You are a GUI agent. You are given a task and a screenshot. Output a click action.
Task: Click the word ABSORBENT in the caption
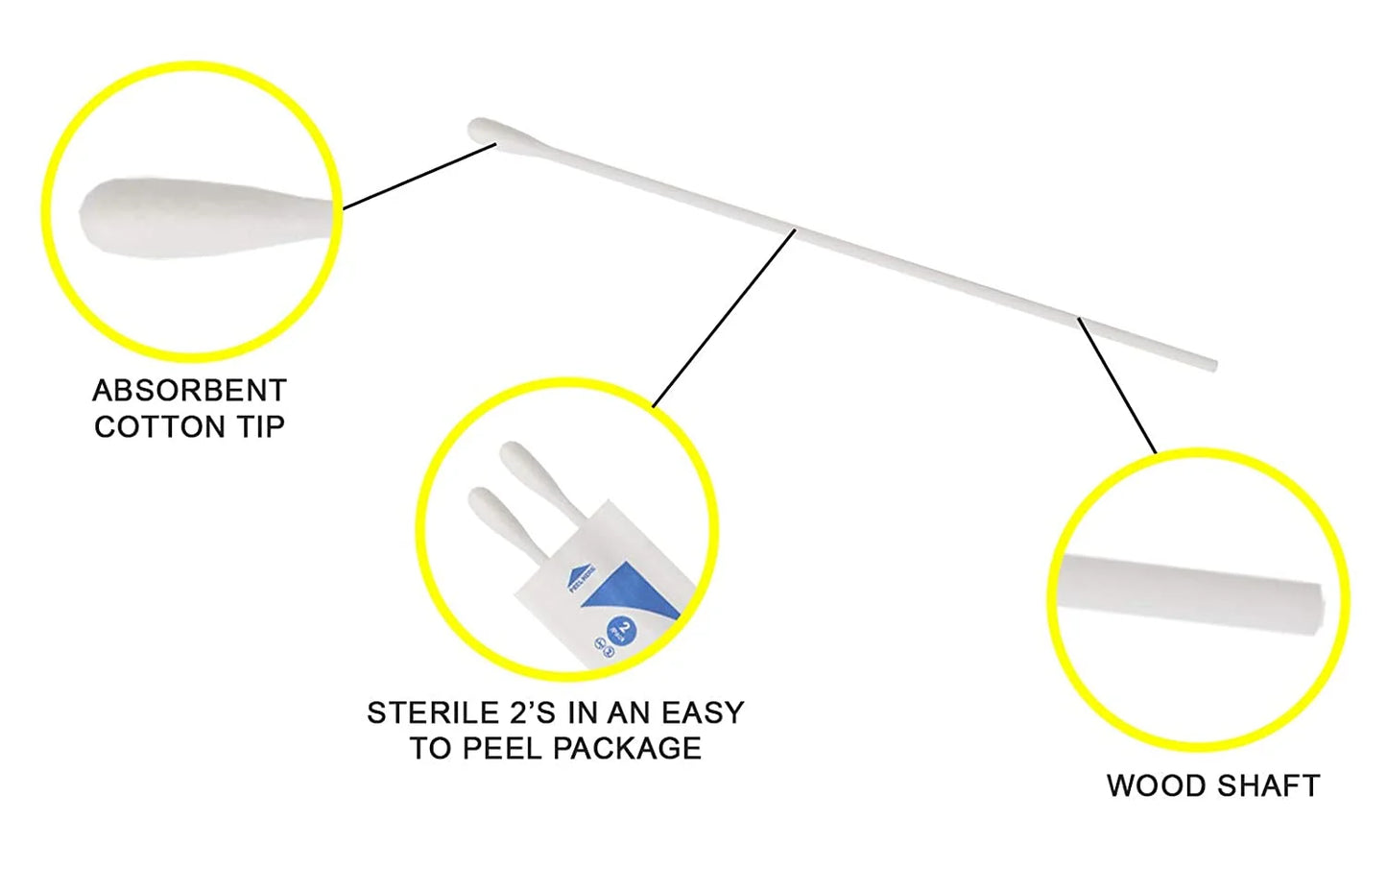pos(189,391)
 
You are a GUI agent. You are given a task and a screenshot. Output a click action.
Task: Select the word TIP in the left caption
pos(260,426)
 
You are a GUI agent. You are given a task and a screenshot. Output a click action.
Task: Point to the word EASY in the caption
pos(703,712)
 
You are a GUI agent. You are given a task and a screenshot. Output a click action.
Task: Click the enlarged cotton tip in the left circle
pos(182,218)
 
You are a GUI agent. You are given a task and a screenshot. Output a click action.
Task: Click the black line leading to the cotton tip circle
pos(419,176)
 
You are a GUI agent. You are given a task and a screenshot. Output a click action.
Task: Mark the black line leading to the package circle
pos(725,318)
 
